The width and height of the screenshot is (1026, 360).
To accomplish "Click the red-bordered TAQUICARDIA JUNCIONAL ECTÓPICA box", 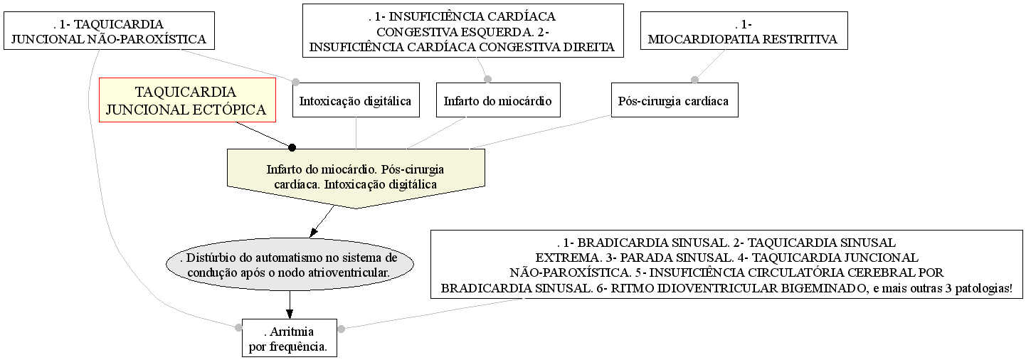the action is tap(187, 100).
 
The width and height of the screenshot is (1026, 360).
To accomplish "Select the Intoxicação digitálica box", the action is tap(356, 100).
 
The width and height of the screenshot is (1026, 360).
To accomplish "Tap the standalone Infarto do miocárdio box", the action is tap(498, 100).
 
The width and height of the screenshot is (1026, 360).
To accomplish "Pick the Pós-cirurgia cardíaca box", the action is tap(675, 100).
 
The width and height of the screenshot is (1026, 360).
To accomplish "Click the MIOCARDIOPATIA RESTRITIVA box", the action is tap(744, 31).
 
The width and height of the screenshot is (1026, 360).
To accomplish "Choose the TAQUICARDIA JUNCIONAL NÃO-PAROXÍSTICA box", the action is tap(109, 31).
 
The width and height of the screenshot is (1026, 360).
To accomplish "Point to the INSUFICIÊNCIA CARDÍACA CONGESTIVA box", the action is tap(463, 31).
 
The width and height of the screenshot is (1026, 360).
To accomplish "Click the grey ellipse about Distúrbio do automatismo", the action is tap(290, 264).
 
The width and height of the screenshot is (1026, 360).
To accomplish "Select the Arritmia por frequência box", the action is tap(290, 338).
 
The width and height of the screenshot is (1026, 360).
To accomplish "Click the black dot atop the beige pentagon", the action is tap(292, 147).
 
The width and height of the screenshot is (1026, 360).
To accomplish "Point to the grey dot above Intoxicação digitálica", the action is tap(295, 82).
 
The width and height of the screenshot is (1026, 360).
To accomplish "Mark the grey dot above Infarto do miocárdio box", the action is tap(488, 79).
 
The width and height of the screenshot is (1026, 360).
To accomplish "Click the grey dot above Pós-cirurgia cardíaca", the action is tap(695, 80).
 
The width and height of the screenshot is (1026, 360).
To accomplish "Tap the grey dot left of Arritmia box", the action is tap(238, 328).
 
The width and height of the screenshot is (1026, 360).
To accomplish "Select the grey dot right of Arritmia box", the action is tap(342, 329).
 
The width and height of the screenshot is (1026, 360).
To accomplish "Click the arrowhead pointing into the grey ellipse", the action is tap(314, 233).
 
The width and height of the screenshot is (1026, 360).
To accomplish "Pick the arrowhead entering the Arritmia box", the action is tap(290, 314).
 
